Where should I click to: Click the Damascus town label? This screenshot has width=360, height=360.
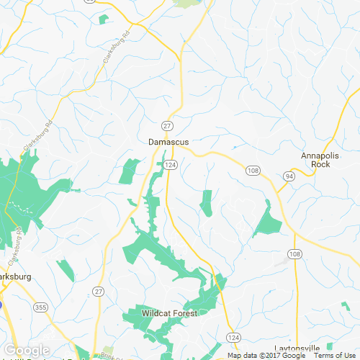[x=168, y=143]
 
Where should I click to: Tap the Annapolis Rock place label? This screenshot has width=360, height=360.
[x=315, y=159]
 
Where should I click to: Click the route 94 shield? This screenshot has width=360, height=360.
[x=288, y=176]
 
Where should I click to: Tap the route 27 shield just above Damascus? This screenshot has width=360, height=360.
[x=166, y=125]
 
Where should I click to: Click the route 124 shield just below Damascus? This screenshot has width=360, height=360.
[x=171, y=165]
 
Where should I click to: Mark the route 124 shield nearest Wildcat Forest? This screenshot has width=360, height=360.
[x=233, y=337]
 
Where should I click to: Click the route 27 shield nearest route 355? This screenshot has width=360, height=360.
[x=98, y=291]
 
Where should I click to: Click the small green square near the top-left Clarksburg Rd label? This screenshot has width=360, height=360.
[x=104, y=18]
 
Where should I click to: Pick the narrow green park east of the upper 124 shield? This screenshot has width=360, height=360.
[x=207, y=203]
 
